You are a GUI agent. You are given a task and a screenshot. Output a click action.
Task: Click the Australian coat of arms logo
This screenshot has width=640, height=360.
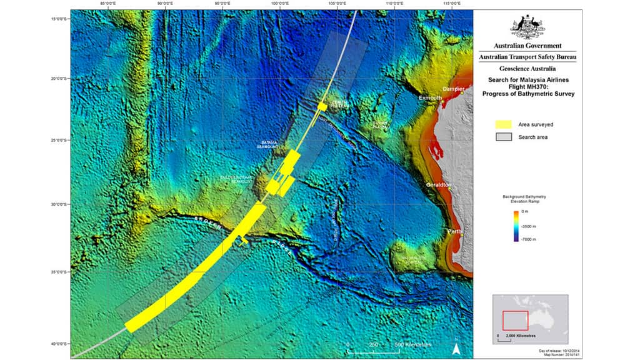click(x=527, y=26)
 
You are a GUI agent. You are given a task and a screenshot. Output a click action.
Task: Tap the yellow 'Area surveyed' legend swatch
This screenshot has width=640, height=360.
click(x=504, y=124)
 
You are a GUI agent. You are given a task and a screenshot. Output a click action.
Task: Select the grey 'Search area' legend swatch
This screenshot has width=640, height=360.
click(x=504, y=137)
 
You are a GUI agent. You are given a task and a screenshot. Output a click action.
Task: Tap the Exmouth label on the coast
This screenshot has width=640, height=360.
click(x=430, y=98)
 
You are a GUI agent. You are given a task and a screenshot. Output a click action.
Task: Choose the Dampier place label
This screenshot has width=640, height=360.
click(x=454, y=89)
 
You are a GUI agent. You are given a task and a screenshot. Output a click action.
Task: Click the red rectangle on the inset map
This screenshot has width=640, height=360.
click(x=515, y=321)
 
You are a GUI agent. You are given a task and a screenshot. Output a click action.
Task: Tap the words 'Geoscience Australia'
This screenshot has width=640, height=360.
click(x=527, y=69)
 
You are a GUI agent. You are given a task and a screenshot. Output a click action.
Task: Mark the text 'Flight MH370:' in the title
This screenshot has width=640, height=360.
click(x=527, y=87)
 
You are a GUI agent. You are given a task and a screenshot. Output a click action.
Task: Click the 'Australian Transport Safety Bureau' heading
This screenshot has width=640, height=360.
click(x=527, y=57)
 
